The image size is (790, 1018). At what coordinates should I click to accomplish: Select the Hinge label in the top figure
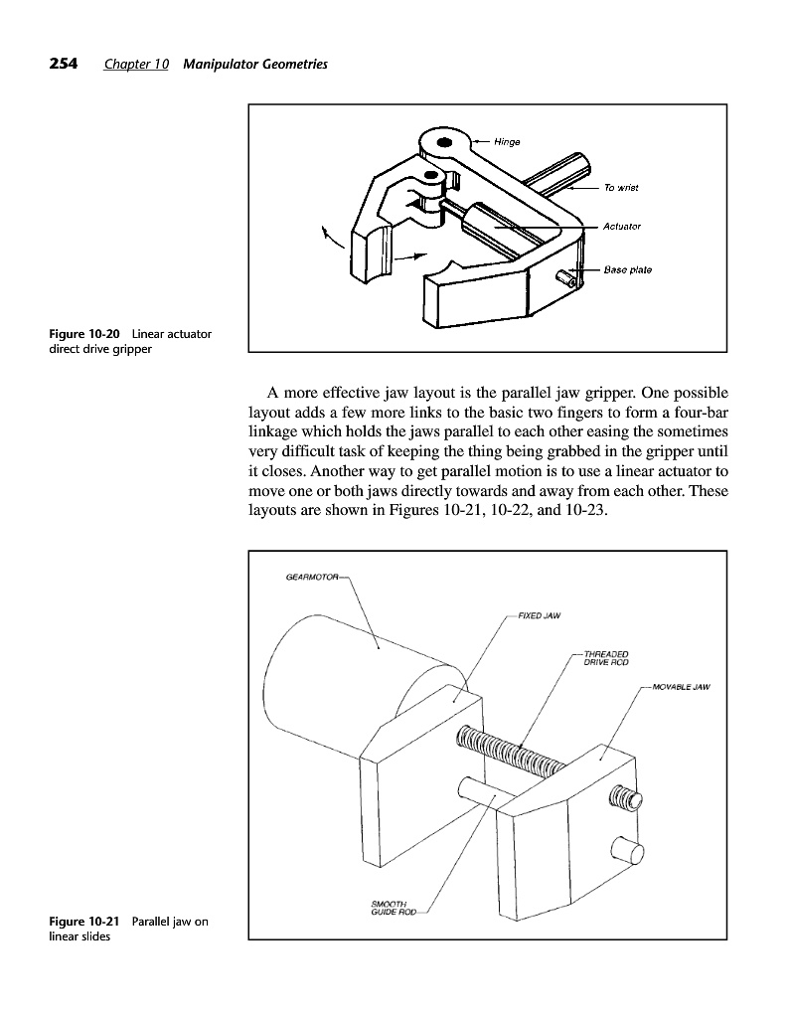click(508, 141)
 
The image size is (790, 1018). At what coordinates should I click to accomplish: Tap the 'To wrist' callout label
click(620, 187)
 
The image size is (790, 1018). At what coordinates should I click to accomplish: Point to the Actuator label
click(622, 226)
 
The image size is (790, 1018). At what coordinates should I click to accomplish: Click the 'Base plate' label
click(628, 269)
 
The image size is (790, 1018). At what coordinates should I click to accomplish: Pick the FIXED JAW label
click(540, 614)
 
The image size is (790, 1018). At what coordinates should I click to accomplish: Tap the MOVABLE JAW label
click(683, 686)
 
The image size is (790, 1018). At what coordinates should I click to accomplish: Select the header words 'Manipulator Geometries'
click(255, 65)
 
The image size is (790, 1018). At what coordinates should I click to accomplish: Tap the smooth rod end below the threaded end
click(627, 851)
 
